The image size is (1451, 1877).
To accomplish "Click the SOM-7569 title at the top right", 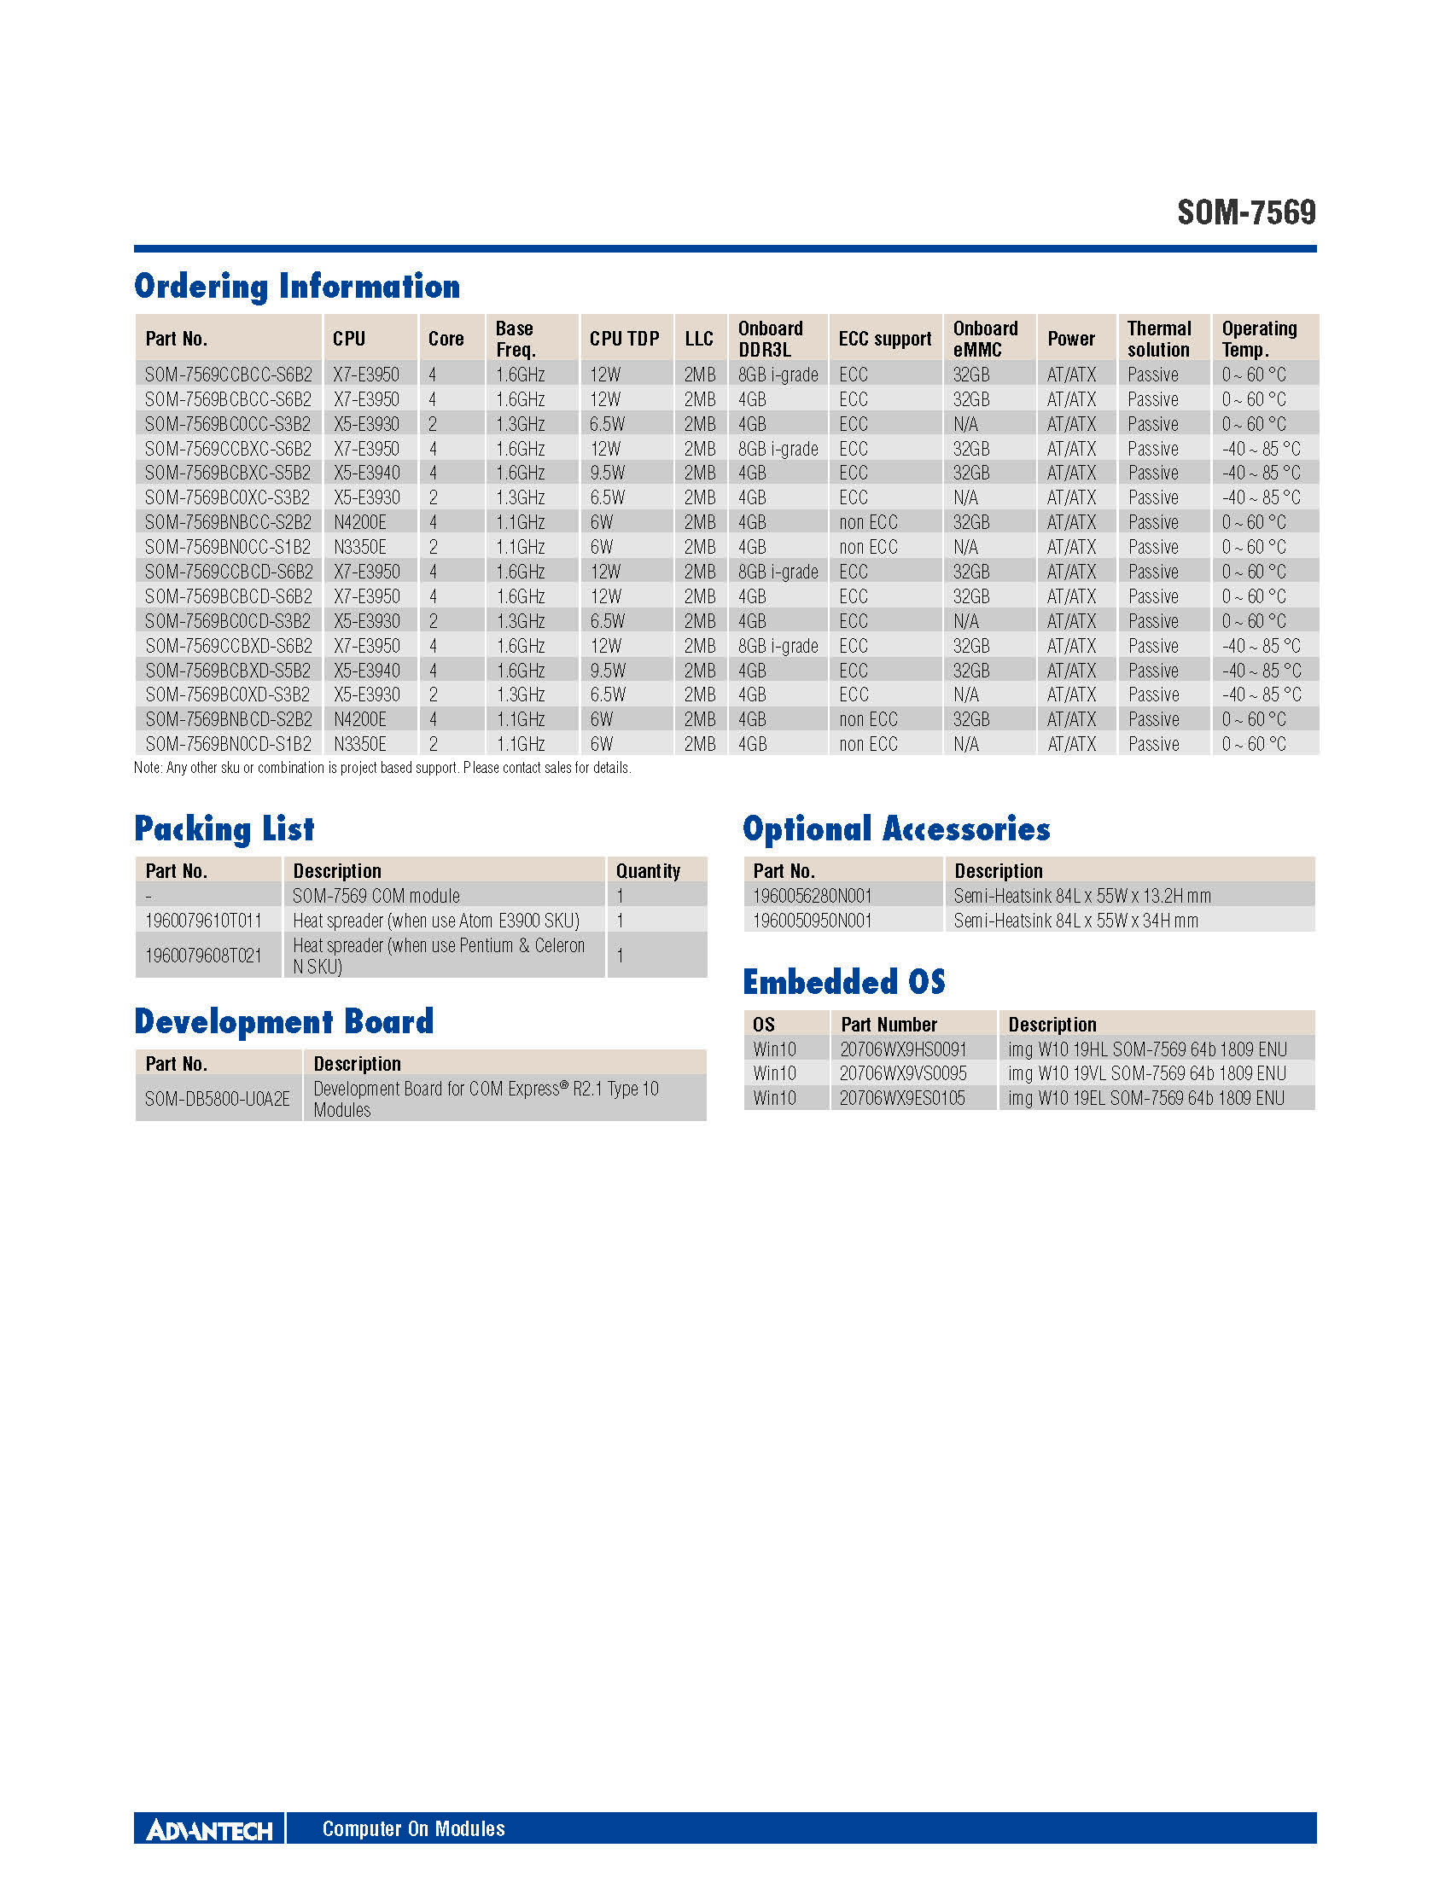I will [x=1245, y=212].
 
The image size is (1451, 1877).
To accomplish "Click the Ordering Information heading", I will [x=296, y=287].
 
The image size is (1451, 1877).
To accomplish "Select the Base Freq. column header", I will [x=516, y=339].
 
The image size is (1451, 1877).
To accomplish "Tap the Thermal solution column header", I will [x=1159, y=339].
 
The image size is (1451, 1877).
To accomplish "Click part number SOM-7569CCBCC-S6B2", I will [x=228, y=375].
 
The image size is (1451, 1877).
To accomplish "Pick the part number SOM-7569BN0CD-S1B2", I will [x=228, y=744].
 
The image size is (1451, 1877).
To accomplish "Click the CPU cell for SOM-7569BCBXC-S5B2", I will [x=366, y=473].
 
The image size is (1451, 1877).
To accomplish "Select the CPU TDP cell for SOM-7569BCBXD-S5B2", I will [x=608, y=671].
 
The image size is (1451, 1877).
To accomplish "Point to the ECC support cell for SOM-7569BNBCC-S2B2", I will [x=868, y=522].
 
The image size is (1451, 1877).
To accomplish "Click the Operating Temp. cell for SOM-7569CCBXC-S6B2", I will [x=1261, y=449].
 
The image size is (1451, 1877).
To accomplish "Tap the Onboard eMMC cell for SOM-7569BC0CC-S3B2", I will [x=965, y=425].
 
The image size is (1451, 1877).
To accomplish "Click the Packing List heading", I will [x=224, y=829].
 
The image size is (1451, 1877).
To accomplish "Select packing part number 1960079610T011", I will [x=203, y=921].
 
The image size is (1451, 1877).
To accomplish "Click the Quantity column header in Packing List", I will [x=647, y=870].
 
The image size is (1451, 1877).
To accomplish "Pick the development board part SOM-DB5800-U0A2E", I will [x=218, y=1099].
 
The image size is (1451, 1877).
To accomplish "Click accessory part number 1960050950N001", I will [x=813, y=921].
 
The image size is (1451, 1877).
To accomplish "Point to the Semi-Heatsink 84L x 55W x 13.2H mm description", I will [x=1082, y=896].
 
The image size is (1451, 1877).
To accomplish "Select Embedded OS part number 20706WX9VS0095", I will [x=902, y=1073].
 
